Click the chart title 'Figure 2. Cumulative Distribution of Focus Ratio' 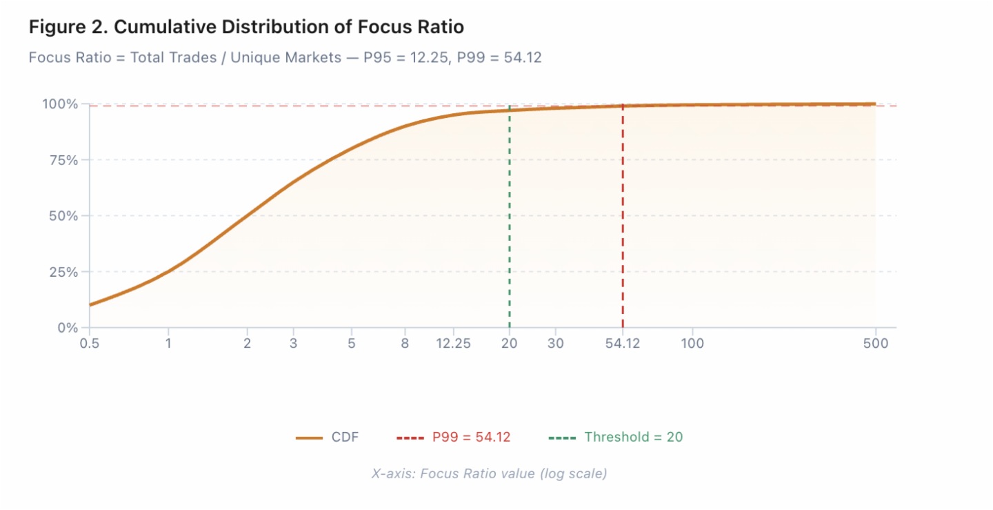(x=246, y=28)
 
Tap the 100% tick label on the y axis (x=60, y=104)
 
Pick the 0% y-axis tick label (x=67, y=328)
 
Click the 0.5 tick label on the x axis (x=90, y=344)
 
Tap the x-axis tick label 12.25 (x=453, y=344)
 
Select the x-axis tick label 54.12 (x=623, y=344)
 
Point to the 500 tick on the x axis (x=875, y=344)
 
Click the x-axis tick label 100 (x=692, y=344)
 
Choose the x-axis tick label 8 (x=405, y=344)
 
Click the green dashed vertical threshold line (x=510, y=221)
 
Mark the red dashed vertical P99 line (x=623, y=221)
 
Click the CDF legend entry (x=328, y=437)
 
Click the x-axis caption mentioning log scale (x=489, y=474)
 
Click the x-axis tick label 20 (x=510, y=344)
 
